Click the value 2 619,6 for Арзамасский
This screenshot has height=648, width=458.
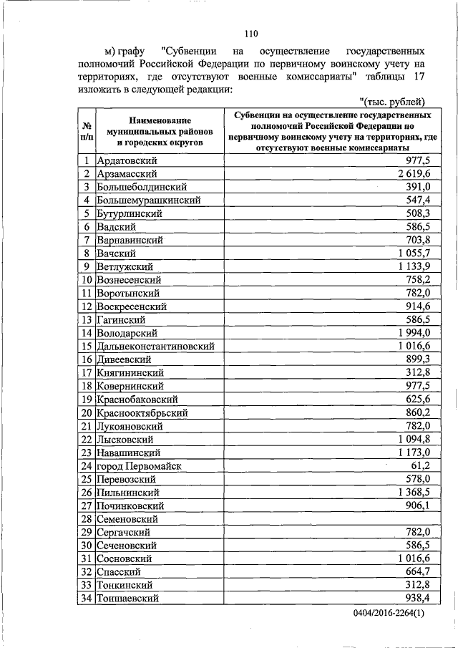click(x=411, y=173)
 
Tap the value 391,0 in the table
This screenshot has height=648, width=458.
click(x=416, y=187)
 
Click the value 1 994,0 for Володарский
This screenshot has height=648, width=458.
click(x=411, y=333)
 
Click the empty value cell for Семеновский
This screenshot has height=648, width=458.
click(x=329, y=519)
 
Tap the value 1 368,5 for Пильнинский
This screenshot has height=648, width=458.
click(x=411, y=493)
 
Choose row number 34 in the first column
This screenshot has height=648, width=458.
click(x=85, y=599)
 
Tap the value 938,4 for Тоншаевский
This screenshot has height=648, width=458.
click(x=416, y=599)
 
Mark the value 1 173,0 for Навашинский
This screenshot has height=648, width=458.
click(x=411, y=453)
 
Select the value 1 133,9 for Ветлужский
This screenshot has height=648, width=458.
click(x=411, y=266)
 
